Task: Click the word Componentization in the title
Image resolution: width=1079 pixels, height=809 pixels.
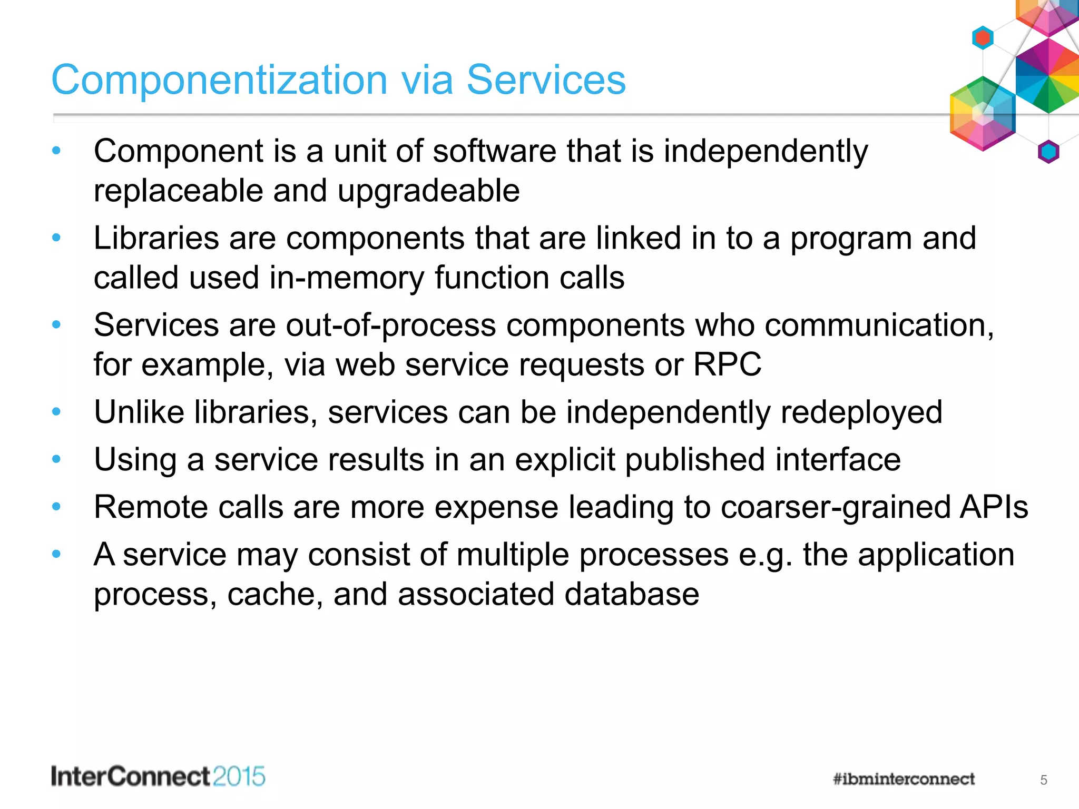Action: [x=219, y=80]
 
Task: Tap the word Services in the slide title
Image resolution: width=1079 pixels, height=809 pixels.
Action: [x=546, y=80]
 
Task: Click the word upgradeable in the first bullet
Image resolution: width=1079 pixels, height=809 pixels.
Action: [x=428, y=191]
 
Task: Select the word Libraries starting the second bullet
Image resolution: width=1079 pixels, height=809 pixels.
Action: [x=156, y=238]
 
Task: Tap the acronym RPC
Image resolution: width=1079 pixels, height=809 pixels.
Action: [x=727, y=364]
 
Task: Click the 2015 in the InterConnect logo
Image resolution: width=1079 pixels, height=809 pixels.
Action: [x=239, y=777]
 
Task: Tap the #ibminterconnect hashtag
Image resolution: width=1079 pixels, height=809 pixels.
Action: [x=904, y=779]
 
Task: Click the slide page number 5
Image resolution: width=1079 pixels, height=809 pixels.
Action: [x=1043, y=780]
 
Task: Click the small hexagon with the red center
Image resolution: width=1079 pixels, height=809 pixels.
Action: [x=983, y=38]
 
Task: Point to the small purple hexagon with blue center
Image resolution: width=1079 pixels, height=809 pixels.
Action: [x=1048, y=152]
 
